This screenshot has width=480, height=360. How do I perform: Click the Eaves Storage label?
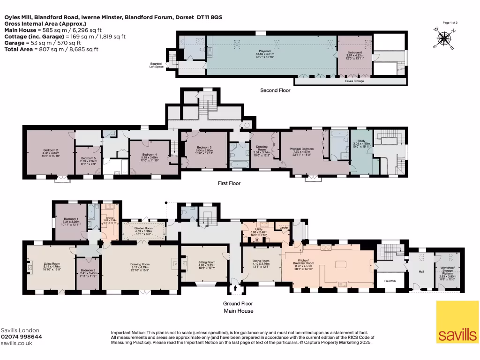pos(354,81)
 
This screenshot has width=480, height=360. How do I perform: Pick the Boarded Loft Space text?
pos(156,65)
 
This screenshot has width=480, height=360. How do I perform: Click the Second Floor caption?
pos(275,90)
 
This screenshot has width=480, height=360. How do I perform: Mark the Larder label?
pos(283,227)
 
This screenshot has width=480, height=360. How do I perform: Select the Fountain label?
pos(390,281)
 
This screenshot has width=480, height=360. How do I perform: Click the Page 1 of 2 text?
pos(450,22)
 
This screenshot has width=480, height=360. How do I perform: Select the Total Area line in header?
pos(51,49)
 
